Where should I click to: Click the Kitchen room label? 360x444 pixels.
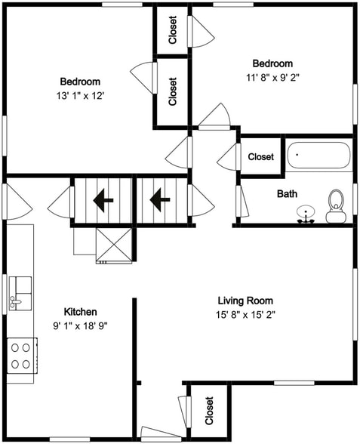click(x=80, y=312)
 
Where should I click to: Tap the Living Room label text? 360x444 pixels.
click(x=245, y=301)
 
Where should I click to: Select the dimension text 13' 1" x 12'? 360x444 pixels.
click(x=79, y=96)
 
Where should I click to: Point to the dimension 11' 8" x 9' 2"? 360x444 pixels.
click(x=272, y=78)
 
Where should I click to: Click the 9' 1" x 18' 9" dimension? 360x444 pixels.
click(x=80, y=326)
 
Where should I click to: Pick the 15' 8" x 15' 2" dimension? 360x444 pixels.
click(x=245, y=315)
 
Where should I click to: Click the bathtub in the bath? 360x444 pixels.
click(x=319, y=155)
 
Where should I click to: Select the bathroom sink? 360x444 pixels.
click(x=306, y=214)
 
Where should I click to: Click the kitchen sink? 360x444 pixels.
click(x=20, y=293)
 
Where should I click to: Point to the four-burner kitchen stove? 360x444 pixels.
click(x=22, y=356)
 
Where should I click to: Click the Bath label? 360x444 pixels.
click(x=287, y=194)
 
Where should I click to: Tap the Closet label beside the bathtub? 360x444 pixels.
click(x=260, y=156)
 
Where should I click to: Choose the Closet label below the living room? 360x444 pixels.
click(x=209, y=411)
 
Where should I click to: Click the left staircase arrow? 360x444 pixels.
click(x=103, y=200)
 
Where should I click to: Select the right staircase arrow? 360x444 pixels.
click(x=160, y=200)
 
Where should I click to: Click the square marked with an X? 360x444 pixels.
click(x=114, y=244)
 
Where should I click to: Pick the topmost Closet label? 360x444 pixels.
click(x=172, y=30)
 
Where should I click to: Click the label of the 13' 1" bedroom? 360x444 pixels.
click(x=80, y=82)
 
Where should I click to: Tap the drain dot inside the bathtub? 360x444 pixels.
click(x=297, y=155)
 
